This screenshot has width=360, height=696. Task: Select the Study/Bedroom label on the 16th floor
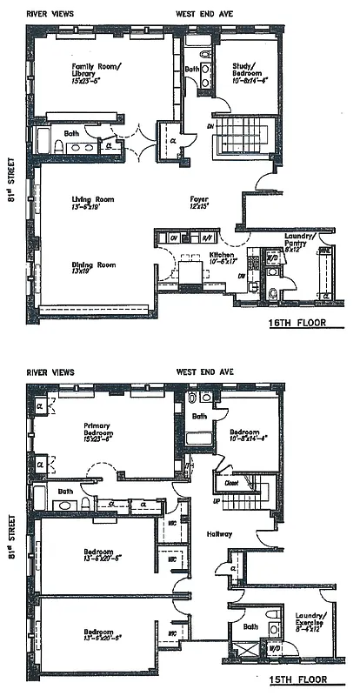click(252, 69)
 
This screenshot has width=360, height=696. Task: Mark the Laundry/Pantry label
click(303, 239)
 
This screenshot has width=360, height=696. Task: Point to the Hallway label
click(209, 533)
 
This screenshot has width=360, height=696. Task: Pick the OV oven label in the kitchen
click(173, 238)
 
